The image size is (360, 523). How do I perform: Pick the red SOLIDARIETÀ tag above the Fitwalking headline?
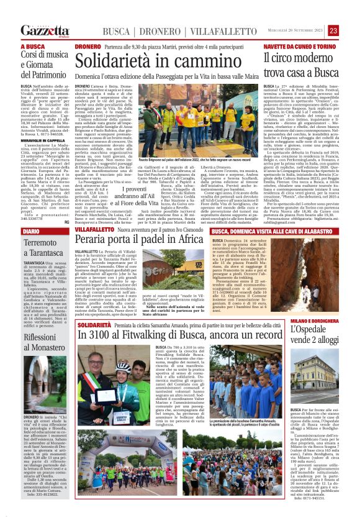(94, 325)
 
